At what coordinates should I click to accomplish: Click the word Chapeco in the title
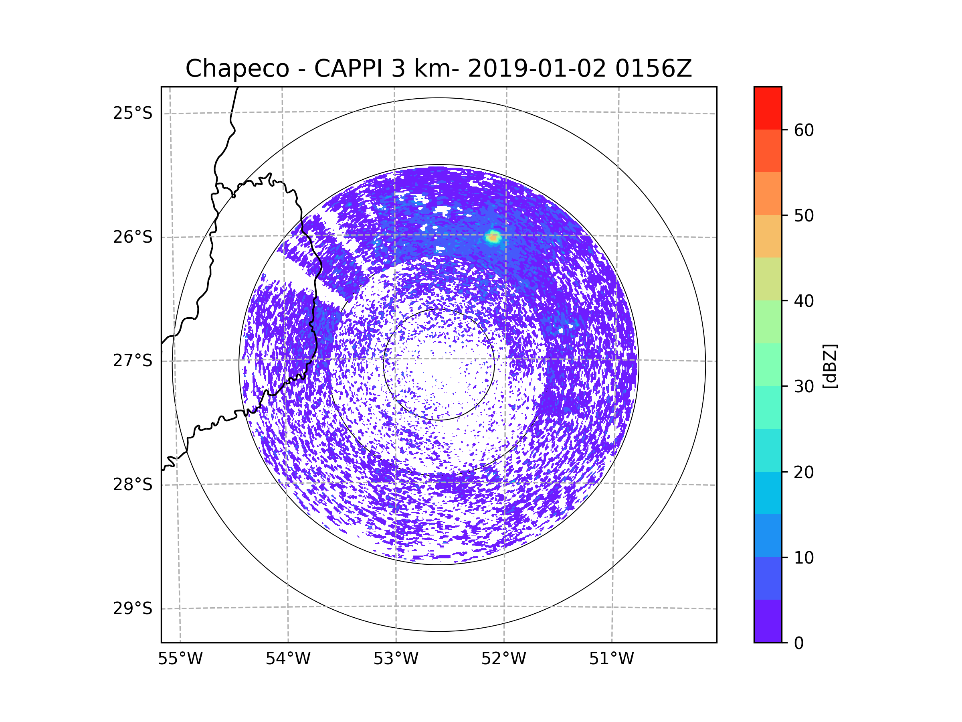pos(237,69)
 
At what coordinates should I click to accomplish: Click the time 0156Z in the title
pos(653,68)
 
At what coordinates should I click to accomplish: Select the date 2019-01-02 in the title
pos(537,68)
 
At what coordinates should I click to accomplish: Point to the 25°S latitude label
pos(133,113)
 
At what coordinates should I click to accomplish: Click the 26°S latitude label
pos(133,237)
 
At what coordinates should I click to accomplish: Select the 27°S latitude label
pos(133,361)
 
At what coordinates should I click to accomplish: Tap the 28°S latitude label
pos(133,485)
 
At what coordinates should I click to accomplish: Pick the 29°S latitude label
pos(133,608)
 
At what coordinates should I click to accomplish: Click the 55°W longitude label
pos(180,659)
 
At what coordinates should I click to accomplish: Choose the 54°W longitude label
pos(288,659)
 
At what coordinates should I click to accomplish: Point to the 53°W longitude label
pos(396,659)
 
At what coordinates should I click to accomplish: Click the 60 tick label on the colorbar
pos(804,130)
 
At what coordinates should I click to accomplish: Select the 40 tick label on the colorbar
pos(804,301)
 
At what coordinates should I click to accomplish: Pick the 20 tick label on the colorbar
pos(804,472)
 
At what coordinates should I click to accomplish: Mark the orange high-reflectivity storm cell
pos(493,237)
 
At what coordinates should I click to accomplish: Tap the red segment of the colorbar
pos(768,108)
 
